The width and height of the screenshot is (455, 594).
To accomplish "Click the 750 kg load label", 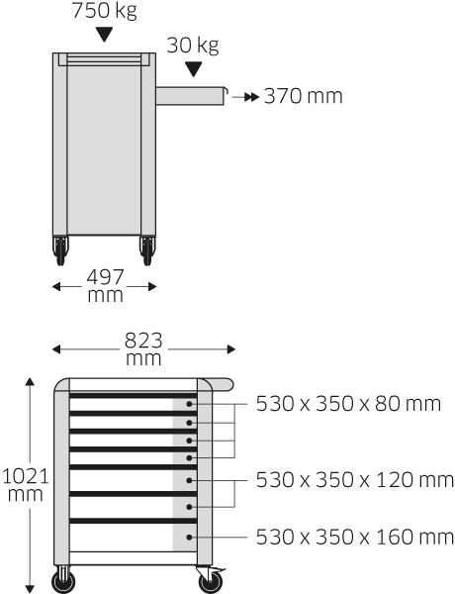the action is pyautogui.click(x=104, y=10).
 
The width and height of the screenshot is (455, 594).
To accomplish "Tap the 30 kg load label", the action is pyautogui.click(x=193, y=46).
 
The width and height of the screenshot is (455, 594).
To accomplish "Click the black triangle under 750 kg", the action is pyautogui.click(x=104, y=35).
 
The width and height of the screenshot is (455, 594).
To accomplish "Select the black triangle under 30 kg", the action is pyautogui.click(x=194, y=69).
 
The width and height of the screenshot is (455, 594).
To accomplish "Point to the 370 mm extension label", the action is pyautogui.click(x=304, y=96).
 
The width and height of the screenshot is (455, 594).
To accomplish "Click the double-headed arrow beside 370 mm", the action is pyautogui.click(x=245, y=97).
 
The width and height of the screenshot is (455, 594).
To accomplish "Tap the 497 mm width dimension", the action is pyautogui.click(x=105, y=286).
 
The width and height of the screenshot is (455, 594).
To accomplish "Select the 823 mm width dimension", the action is pyautogui.click(x=143, y=348).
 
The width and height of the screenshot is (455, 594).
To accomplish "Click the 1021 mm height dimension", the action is pyautogui.click(x=26, y=485).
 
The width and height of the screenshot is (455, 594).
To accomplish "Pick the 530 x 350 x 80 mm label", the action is pyautogui.click(x=348, y=404).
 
